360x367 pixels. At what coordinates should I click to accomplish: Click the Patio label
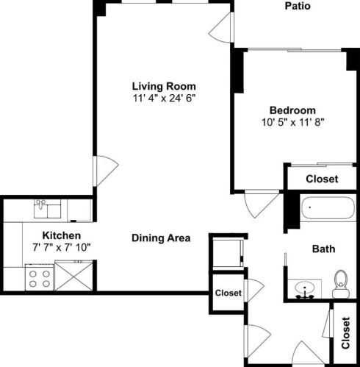(x=298, y=7)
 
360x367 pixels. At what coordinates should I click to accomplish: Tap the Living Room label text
(x=164, y=85)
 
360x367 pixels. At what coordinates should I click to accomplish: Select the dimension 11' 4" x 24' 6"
(x=164, y=97)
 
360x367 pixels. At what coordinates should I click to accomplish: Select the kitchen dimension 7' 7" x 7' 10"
(x=60, y=247)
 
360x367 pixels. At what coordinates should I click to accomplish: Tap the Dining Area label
(x=161, y=238)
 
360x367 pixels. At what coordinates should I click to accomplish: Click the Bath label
(x=323, y=249)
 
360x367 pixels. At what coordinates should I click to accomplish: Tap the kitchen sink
(x=47, y=210)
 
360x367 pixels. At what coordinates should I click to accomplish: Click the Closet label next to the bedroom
(x=321, y=179)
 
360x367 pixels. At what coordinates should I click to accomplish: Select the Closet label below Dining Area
(x=228, y=293)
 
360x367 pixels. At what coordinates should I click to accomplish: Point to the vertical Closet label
(x=346, y=333)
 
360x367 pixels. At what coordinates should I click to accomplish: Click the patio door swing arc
(x=220, y=29)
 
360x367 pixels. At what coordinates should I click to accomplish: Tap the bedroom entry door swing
(x=259, y=204)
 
